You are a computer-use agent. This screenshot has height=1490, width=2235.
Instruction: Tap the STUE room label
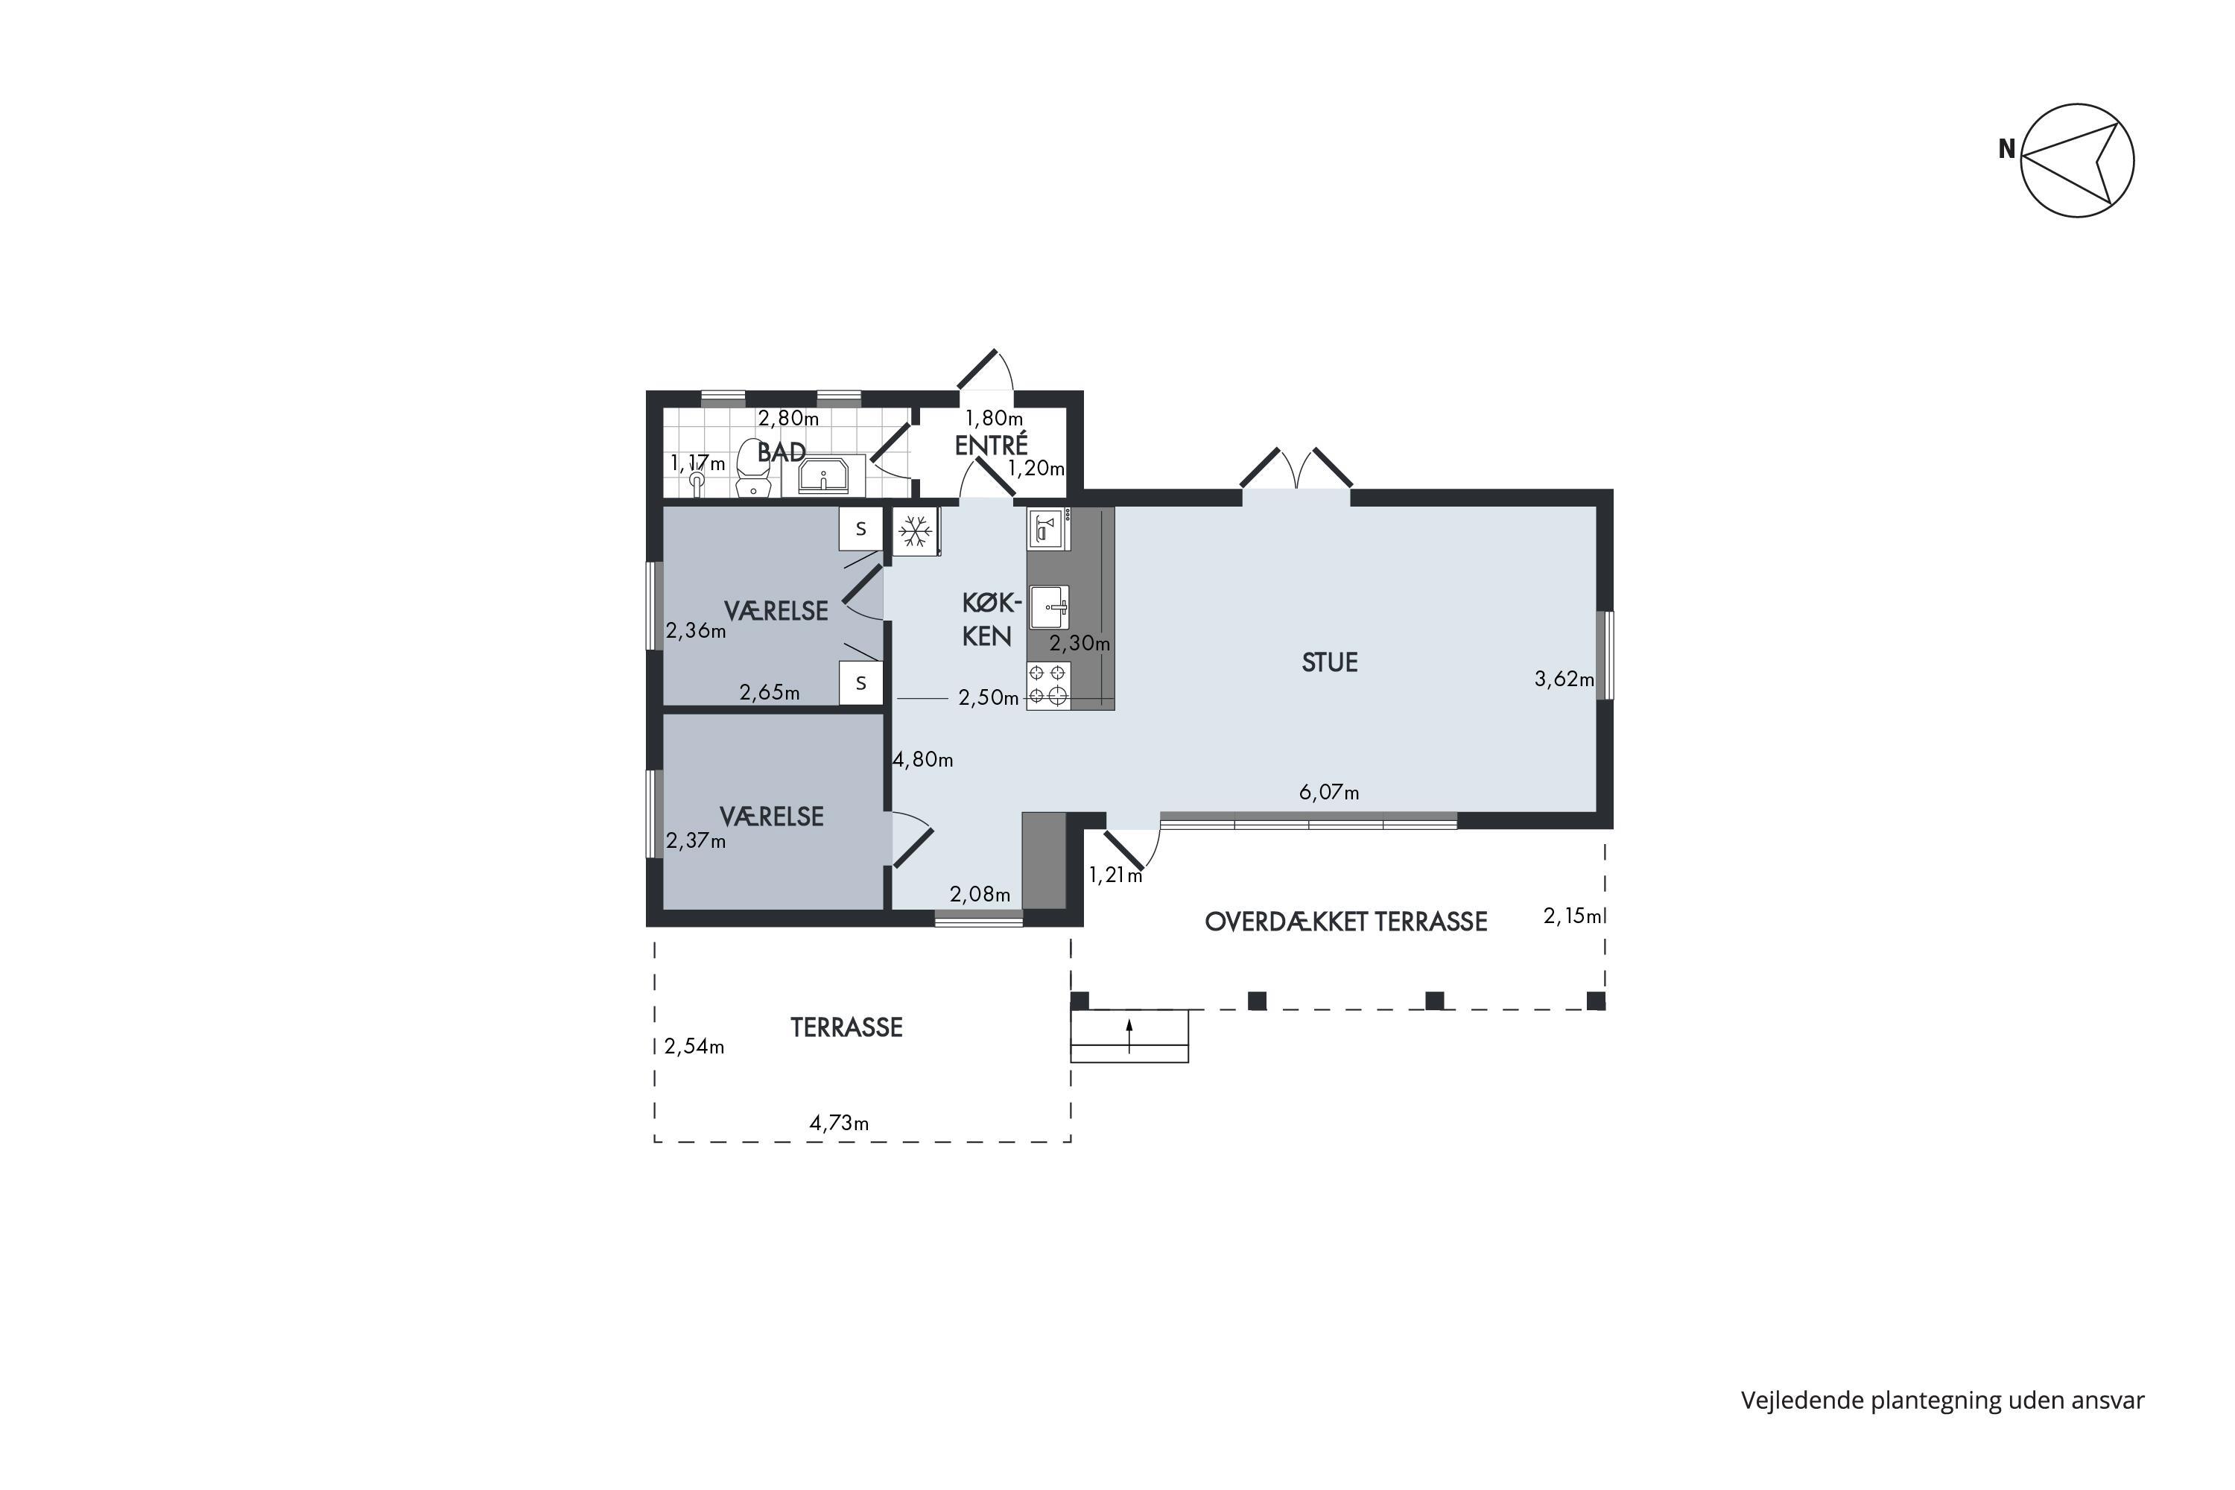click(x=1329, y=662)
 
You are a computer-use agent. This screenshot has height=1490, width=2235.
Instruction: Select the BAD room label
click(x=781, y=452)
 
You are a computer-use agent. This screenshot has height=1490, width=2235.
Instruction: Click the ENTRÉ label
click(x=991, y=444)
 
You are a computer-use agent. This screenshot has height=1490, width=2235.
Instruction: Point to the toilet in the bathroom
click(x=752, y=468)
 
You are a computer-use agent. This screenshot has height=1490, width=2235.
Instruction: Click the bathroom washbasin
click(x=823, y=475)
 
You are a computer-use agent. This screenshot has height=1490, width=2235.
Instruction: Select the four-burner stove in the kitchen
click(x=1048, y=686)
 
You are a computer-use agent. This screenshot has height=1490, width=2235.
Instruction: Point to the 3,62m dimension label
click(x=1564, y=679)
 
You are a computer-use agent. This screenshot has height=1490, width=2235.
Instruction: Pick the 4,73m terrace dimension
click(x=838, y=1123)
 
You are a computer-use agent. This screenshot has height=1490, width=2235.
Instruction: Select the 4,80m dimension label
click(x=923, y=759)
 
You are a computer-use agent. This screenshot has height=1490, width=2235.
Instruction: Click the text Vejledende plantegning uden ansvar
click(x=1942, y=1400)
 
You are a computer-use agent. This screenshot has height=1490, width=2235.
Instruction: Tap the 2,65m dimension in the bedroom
click(x=770, y=693)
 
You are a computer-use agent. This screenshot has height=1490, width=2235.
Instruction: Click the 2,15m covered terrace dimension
click(x=1573, y=916)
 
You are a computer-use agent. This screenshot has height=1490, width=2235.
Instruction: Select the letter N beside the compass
click(x=2007, y=149)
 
